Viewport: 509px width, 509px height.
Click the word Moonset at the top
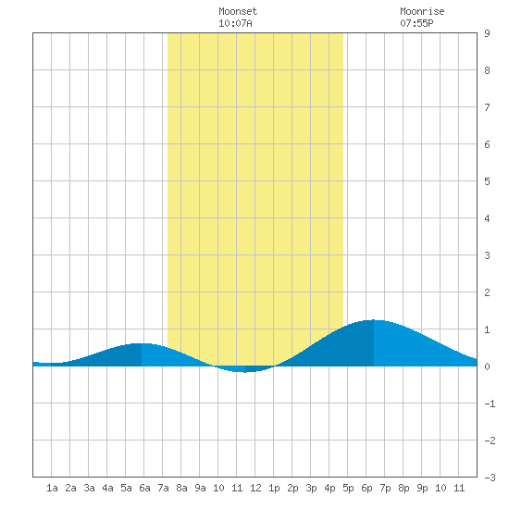[238, 11]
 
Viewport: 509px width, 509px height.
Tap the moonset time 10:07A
[235, 23]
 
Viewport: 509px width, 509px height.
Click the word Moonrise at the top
[422, 11]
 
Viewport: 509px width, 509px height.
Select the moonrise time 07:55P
[416, 23]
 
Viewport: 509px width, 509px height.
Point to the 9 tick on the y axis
[487, 33]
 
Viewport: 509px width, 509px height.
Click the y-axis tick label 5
[487, 181]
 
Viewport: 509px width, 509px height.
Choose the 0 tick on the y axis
[487, 366]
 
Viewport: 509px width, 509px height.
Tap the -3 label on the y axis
[490, 478]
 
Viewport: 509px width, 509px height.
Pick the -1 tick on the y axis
[490, 403]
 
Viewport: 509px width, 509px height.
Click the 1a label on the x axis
[52, 488]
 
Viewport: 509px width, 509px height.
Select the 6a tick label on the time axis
[144, 488]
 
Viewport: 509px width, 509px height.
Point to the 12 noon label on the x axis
[255, 488]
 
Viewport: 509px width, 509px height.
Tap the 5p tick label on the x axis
[348, 488]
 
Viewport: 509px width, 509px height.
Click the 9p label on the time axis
[422, 488]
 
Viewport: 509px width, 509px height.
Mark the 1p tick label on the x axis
[274, 488]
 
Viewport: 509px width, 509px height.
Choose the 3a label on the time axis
[89, 488]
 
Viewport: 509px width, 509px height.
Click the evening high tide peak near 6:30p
[374, 320]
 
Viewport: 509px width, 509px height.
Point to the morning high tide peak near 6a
[142, 343]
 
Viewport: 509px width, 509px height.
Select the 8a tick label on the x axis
[181, 488]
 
